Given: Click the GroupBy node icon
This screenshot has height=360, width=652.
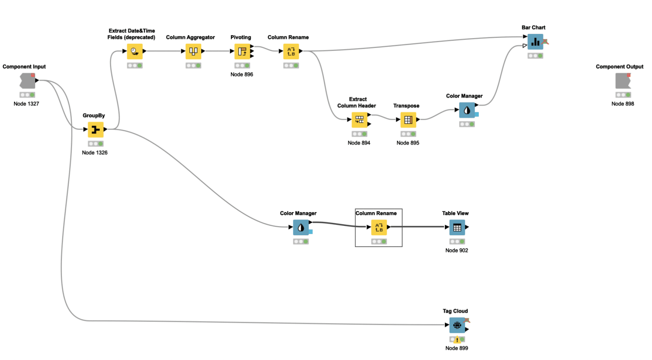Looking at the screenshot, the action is [x=96, y=129].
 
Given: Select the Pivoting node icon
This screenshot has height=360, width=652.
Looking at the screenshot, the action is [x=242, y=51].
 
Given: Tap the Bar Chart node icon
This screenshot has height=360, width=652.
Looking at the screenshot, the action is [x=535, y=42].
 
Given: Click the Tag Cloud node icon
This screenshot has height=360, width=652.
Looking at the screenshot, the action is [x=457, y=325].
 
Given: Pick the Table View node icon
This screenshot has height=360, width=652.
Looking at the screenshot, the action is [x=457, y=227].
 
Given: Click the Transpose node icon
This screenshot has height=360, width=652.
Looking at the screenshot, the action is [x=408, y=120].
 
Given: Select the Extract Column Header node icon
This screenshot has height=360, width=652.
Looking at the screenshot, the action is [x=359, y=120].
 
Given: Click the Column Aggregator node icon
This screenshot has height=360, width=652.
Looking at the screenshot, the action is [x=193, y=51].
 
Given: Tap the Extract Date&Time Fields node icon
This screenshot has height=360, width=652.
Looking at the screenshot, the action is [x=135, y=51].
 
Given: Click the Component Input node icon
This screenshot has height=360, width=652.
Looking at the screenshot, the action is [x=27, y=81].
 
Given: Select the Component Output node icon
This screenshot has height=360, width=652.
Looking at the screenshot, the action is [x=623, y=81].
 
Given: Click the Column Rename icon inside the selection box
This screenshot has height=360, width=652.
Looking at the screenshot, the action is [x=379, y=227].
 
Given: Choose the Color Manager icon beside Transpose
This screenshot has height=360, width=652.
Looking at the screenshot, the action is [x=467, y=110].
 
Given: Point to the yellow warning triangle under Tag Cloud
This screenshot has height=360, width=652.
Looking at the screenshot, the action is [x=457, y=339].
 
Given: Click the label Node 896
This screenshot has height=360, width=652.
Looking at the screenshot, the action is [x=242, y=74].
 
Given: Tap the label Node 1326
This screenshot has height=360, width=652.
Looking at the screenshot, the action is [x=95, y=153].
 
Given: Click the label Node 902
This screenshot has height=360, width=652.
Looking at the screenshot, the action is [x=457, y=250].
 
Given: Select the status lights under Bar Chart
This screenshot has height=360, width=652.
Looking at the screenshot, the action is [x=535, y=56].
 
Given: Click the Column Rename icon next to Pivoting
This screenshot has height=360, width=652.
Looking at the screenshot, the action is [x=291, y=51].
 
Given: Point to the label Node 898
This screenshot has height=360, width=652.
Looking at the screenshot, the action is [x=623, y=104].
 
